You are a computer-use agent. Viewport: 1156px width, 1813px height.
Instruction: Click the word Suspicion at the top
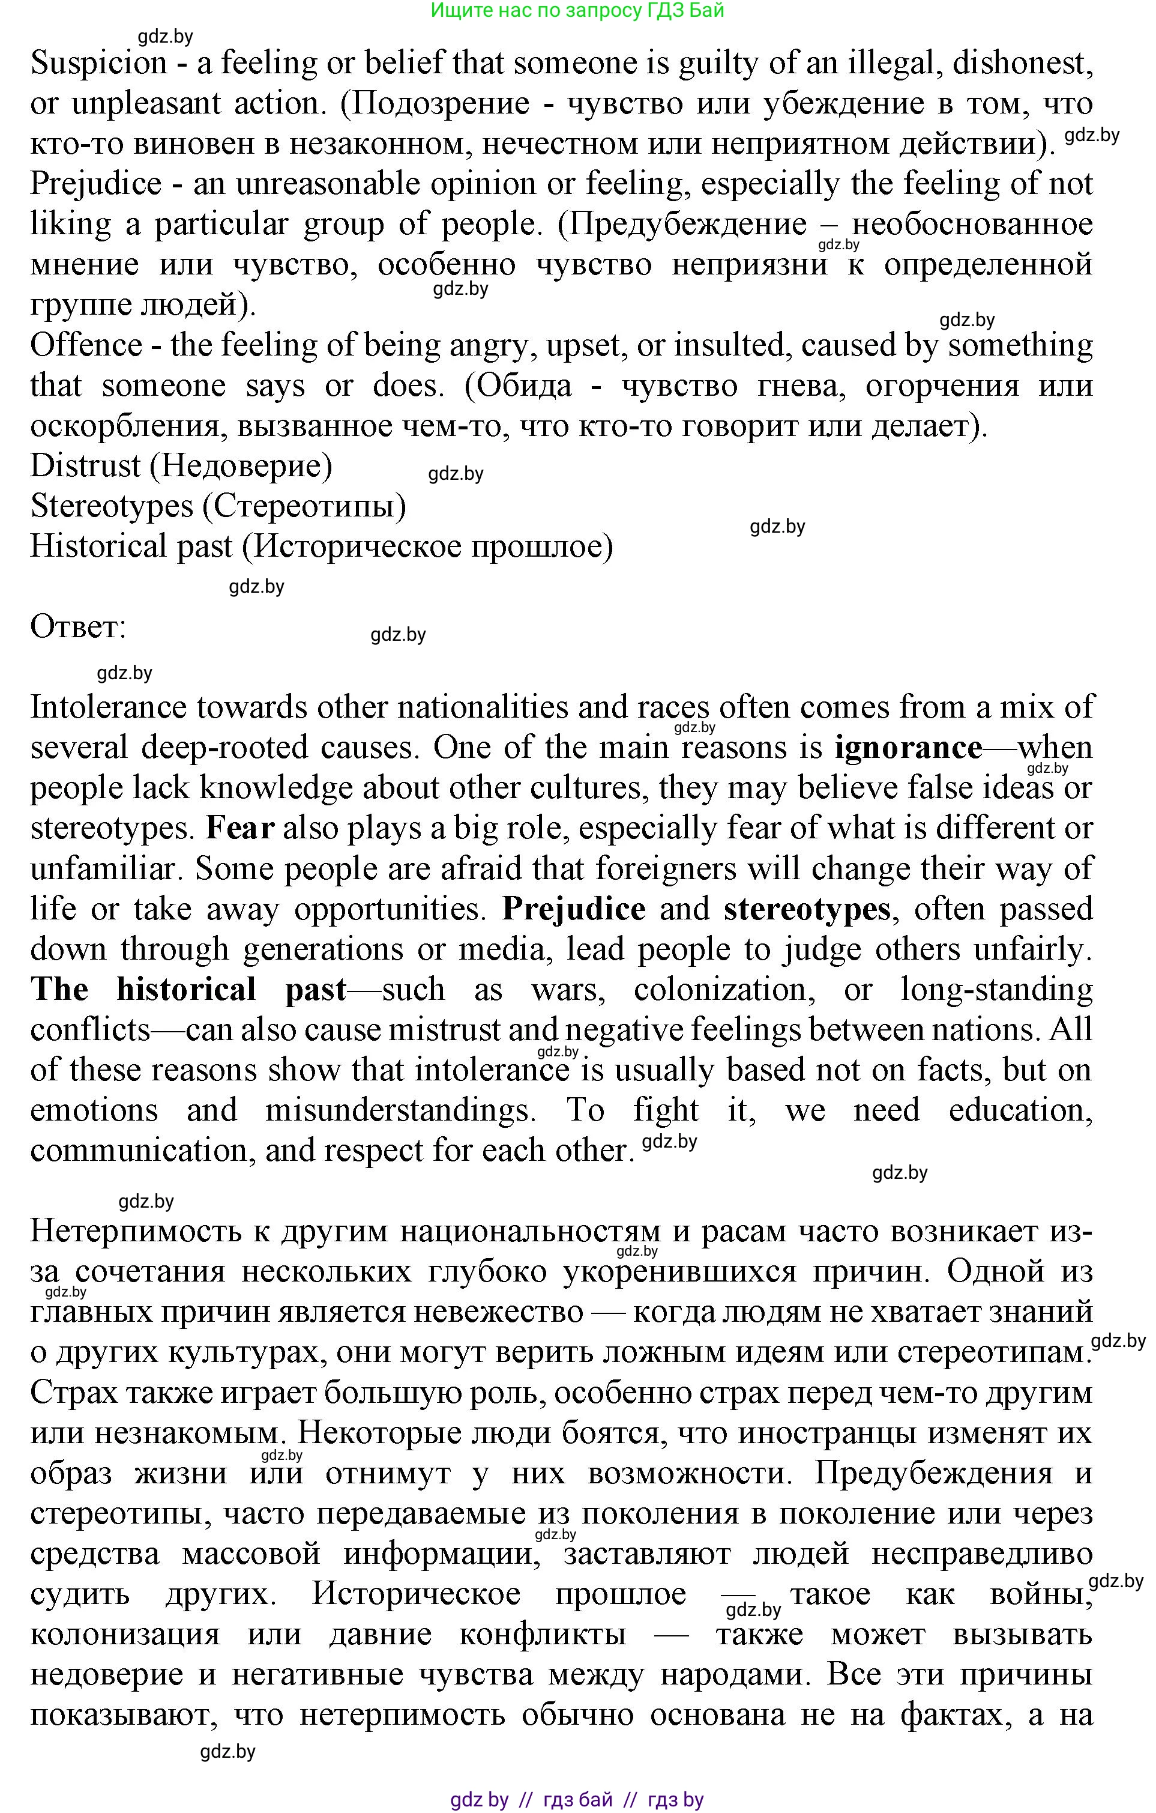point(98,63)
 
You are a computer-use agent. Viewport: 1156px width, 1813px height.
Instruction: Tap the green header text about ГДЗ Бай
point(577,11)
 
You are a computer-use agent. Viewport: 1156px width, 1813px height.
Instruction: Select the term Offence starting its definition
point(86,345)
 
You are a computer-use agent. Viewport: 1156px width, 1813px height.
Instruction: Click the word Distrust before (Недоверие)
point(85,467)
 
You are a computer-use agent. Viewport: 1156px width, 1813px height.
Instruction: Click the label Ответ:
point(78,627)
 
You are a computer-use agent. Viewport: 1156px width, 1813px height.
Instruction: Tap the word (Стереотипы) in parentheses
point(304,507)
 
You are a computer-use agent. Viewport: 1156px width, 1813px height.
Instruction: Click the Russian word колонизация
point(125,1635)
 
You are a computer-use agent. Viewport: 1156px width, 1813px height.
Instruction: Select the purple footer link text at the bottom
point(577,1799)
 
